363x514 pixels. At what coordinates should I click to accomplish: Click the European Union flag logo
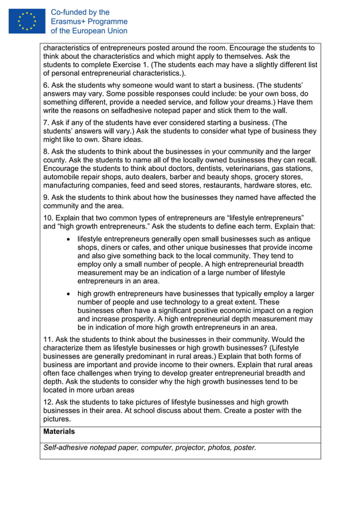pos(27,21)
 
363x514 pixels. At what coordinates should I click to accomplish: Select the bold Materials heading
pos(59,433)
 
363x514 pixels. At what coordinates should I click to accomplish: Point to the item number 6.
pos(46,85)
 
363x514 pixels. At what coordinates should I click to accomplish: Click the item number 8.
pos(46,152)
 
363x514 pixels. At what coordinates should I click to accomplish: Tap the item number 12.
pos(48,402)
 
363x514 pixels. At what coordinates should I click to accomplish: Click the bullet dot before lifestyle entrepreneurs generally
pos(68,239)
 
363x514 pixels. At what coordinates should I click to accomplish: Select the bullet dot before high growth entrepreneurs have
pos(68,294)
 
